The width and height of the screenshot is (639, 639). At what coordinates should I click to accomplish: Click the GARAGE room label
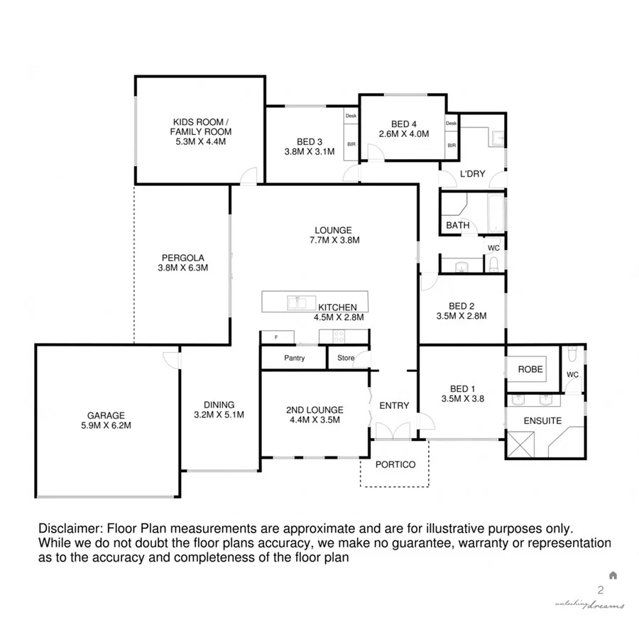click(106, 415)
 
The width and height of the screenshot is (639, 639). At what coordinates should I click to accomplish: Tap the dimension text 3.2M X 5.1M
click(219, 415)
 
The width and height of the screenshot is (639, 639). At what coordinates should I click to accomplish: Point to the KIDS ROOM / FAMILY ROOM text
click(200, 131)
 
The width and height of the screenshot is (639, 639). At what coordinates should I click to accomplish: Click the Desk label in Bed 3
click(351, 116)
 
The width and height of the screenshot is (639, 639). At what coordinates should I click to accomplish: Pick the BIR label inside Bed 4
click(452, 146)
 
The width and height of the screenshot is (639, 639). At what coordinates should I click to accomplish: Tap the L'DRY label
click(472, 174)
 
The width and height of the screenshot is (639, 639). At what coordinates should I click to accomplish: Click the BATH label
click(458, 226)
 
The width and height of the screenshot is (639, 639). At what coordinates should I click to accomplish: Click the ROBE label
click(530, 369)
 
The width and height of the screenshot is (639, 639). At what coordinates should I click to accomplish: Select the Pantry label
click(294, 358)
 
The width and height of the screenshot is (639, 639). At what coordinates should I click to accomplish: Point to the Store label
click(346, 358)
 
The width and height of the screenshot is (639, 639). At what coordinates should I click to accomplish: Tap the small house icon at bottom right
click(613, 575)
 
